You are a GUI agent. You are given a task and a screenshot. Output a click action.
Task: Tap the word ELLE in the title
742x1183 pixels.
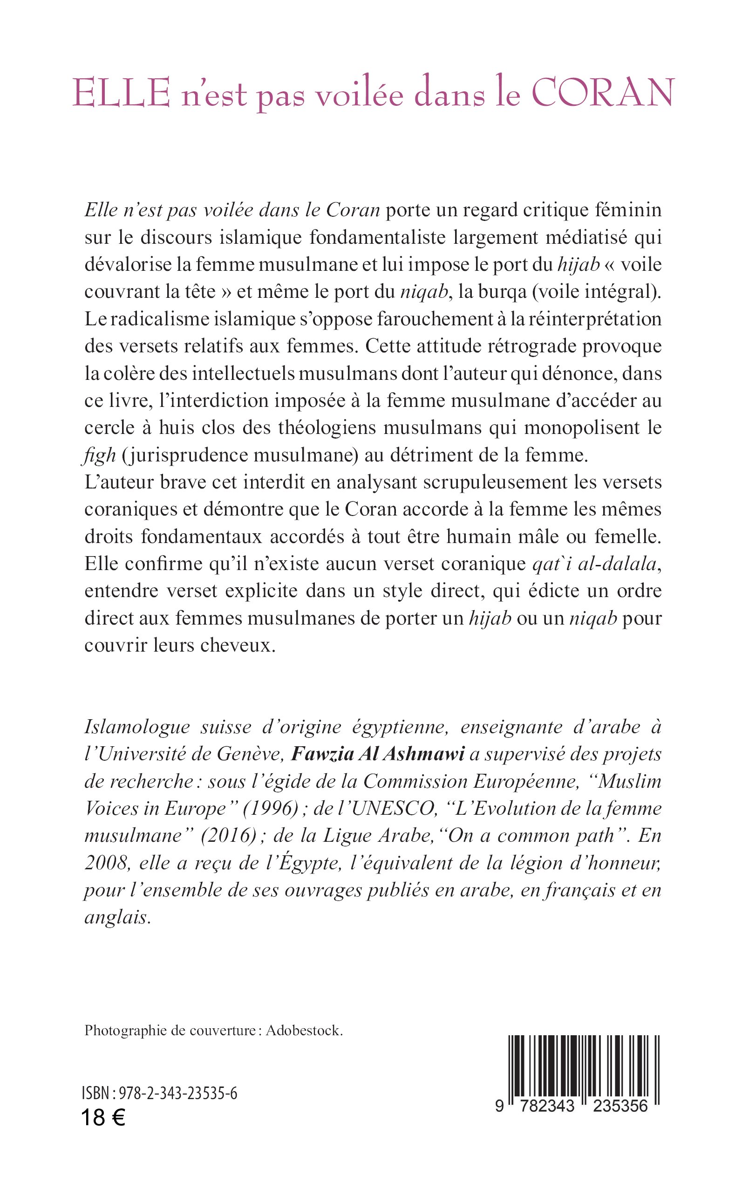click(x=121, y=93)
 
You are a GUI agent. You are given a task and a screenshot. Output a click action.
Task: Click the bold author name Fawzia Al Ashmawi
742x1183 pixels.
click(x=377, y=754)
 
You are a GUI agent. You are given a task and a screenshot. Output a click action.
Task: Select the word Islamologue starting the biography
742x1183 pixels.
click(x=137, y=727)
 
